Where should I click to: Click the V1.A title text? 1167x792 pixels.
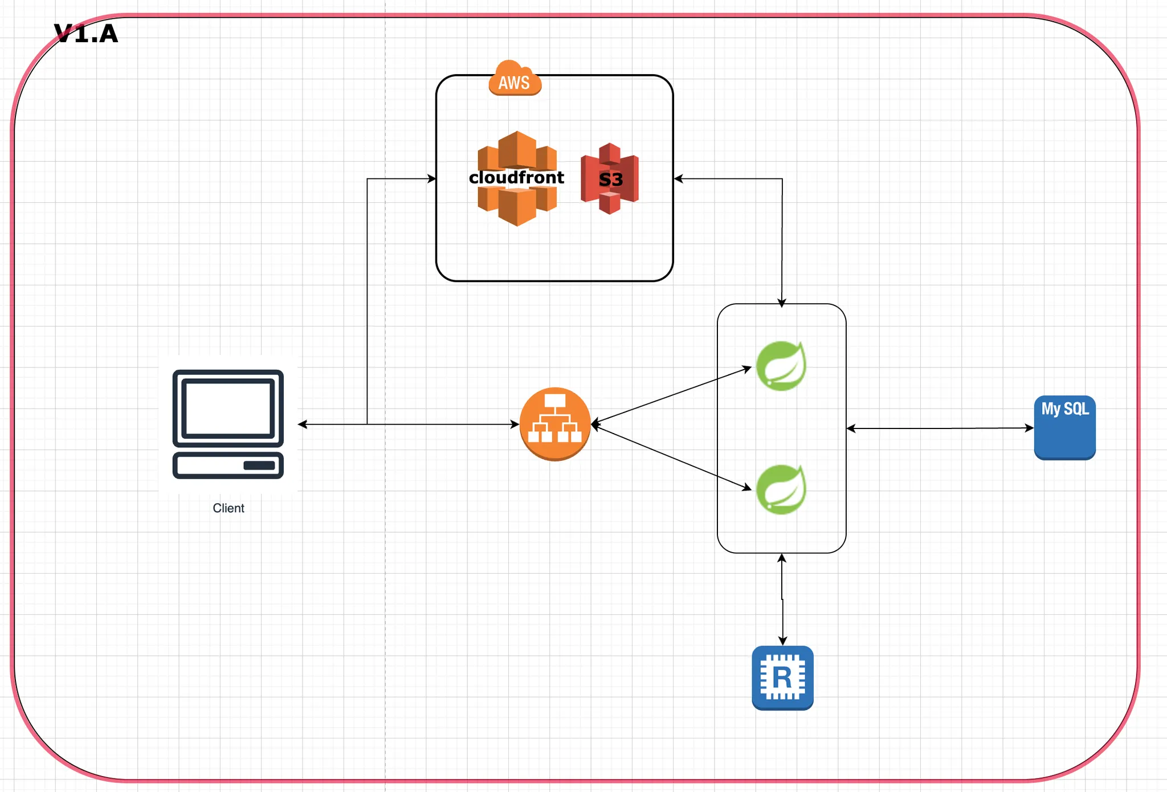[x=86, y=34]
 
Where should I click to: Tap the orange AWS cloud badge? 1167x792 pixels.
[x=515, y=80]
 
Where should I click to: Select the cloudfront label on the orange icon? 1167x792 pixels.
[x=516, y=178]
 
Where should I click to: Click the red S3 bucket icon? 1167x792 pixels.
[x=610, y=179]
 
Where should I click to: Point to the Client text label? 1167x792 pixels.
[x=228, y=508]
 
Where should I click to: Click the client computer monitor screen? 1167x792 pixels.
[x=228, y=408]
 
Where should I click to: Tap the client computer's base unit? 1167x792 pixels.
[x=228, y=465]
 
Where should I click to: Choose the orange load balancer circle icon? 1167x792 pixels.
[x=555, y=424]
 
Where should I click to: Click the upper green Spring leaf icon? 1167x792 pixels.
[x=781, y=366]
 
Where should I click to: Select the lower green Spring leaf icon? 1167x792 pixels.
[x=781, y=489]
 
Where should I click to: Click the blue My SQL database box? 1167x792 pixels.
[x=1064, y=428]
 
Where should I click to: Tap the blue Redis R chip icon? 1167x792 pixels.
[x=782, y=678]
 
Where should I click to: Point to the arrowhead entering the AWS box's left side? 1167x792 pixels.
[x=432, y=179]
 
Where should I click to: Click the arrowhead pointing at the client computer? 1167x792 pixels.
[x=303, y=424]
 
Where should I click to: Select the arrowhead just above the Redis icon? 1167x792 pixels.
[x=782, y=641]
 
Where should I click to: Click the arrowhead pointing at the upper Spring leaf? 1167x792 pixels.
[x=748, y=369]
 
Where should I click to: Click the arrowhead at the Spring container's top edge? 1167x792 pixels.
[x=782, y=303]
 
